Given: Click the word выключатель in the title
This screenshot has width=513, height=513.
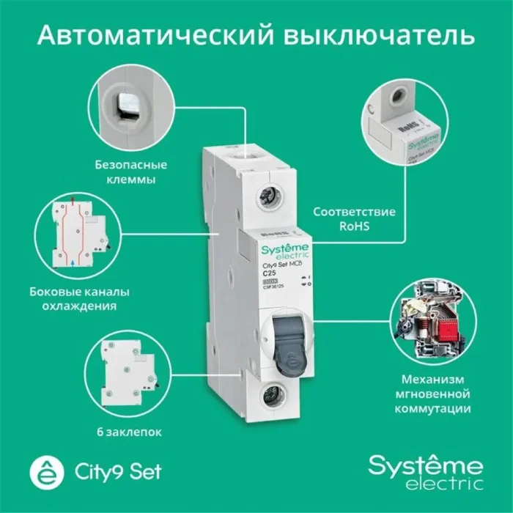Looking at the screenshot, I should click(378, 35).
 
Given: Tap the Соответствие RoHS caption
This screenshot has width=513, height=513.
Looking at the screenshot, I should click(353, 219).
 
